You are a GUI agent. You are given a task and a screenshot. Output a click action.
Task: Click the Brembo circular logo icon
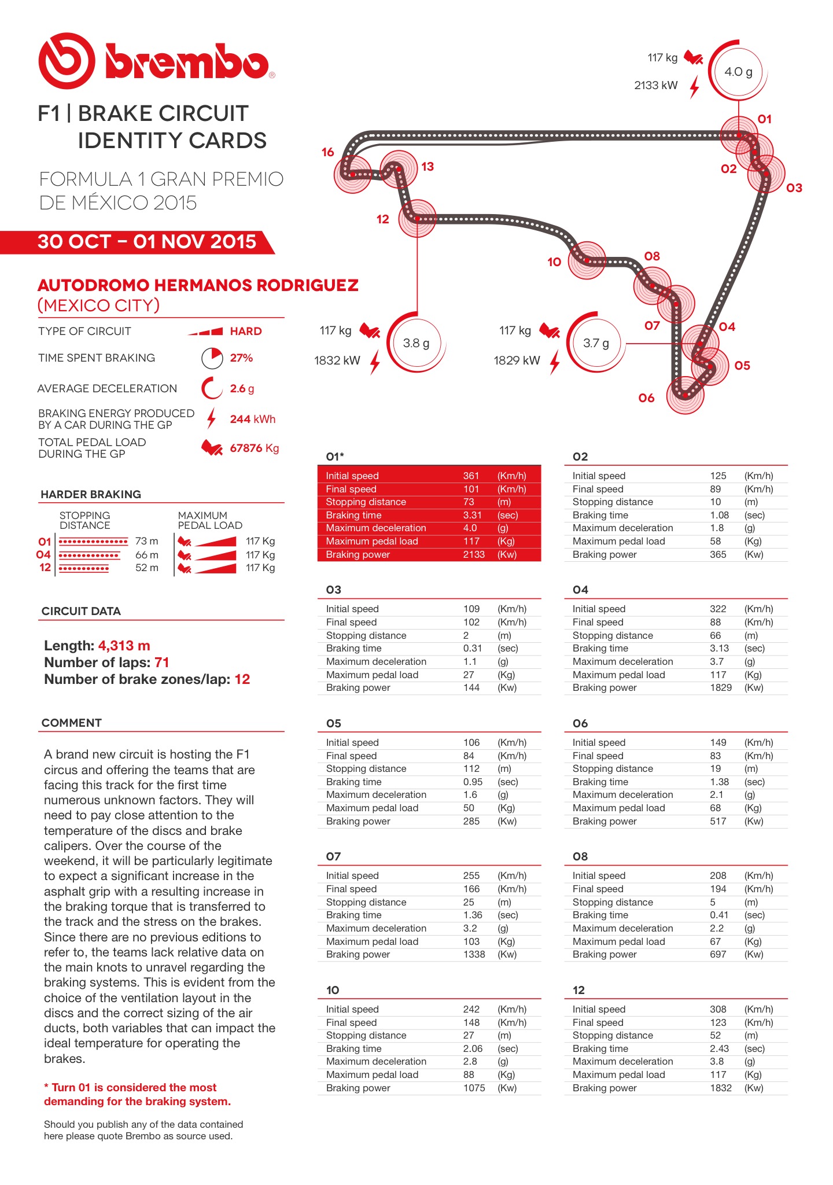(67, 61)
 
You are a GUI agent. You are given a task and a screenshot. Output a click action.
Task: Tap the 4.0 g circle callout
(738, 72)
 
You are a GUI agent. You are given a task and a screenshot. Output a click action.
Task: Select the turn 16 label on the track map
(327, 152)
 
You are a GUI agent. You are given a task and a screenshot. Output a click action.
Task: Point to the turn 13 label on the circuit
(427, 167)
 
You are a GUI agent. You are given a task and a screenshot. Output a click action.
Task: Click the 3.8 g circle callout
(416, 343)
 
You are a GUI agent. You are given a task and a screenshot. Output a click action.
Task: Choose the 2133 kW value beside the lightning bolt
(655, 86)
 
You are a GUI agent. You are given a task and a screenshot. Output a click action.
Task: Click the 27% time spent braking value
(241, 358)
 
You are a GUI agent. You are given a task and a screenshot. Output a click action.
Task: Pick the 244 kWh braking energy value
(252, 419)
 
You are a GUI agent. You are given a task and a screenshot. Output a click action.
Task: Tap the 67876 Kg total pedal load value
(254, 448)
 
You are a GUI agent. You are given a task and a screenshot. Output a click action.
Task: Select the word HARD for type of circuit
(246, 332)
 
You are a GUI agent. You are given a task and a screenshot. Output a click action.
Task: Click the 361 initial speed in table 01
(471, 476)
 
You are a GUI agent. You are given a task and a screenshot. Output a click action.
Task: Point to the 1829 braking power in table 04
(721, 687)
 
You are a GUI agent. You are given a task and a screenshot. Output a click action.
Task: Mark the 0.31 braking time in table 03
(472, 648)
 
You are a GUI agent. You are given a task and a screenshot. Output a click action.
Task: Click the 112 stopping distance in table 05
(471, 768)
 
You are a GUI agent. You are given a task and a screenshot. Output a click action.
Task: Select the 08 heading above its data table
(580, 856)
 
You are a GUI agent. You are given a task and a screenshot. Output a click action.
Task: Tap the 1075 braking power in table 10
(474, 1088)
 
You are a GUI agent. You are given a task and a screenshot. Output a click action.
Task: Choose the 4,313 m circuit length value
(124, 646)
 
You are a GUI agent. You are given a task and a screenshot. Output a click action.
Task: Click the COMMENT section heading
(72, 723)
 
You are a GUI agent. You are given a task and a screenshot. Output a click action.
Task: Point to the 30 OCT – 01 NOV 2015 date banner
(146, 242)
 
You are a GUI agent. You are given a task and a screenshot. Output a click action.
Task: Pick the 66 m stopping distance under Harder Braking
(146, 555)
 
